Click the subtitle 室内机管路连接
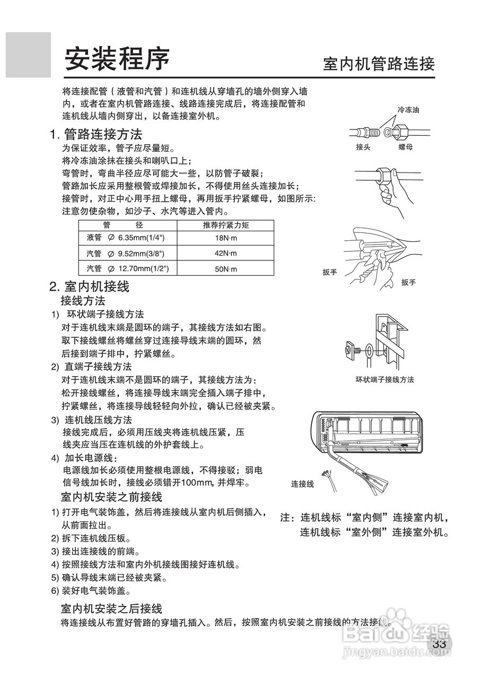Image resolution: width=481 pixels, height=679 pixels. [379, 64]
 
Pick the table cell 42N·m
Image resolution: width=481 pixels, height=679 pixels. [225, 254]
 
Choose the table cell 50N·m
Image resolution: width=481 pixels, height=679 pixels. [225, 269]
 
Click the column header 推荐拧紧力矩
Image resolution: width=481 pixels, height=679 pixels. [225, 225]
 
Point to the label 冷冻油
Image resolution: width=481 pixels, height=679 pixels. [408, 110]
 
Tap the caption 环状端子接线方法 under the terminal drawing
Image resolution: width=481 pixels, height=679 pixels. [384, 380]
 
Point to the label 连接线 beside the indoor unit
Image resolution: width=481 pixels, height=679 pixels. [302, 484]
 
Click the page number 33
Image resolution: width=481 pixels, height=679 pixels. [439, 644]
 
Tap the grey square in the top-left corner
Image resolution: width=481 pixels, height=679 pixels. [29, 55]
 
